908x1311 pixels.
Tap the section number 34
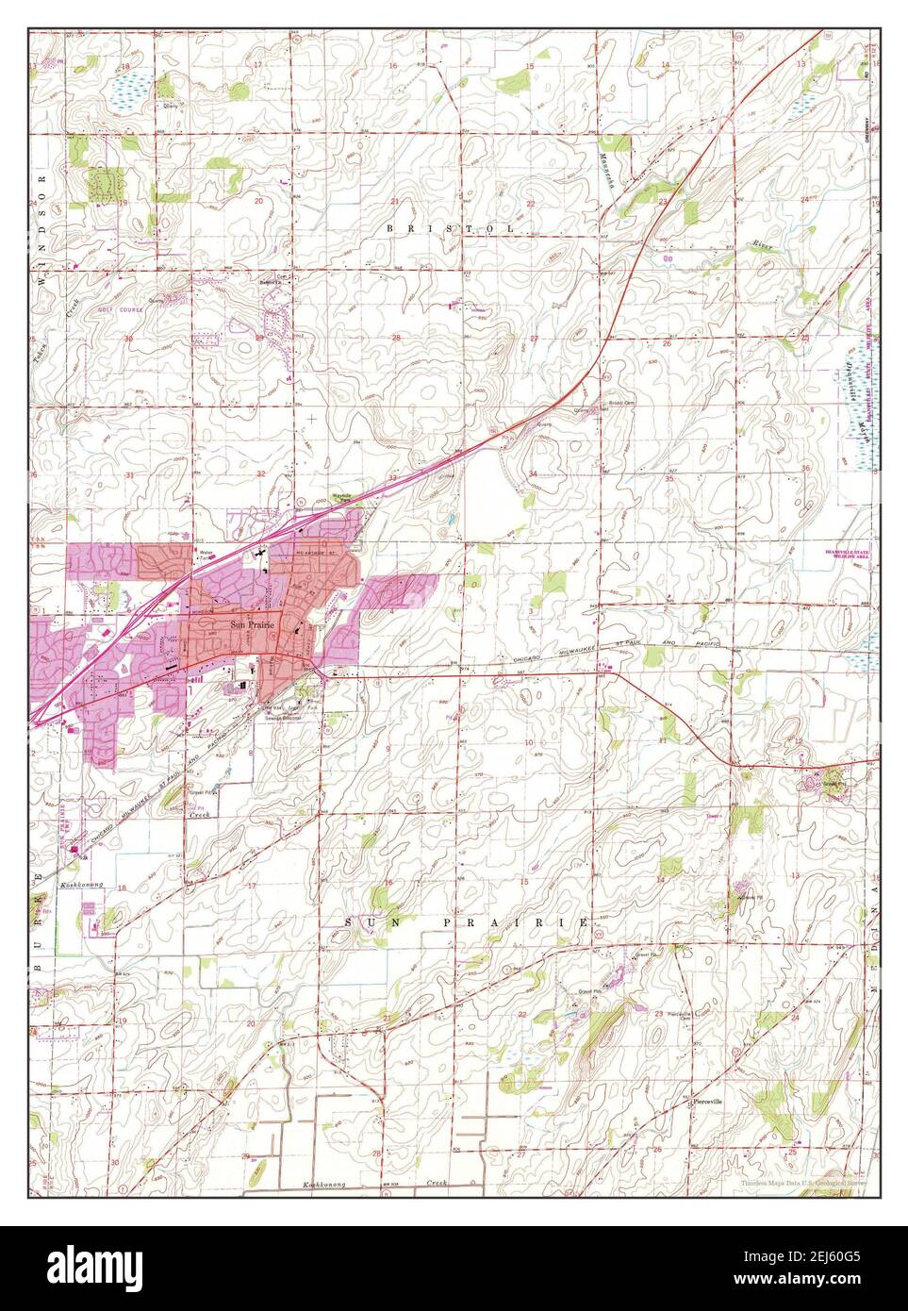pyautogui.click(x=533, y=473)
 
